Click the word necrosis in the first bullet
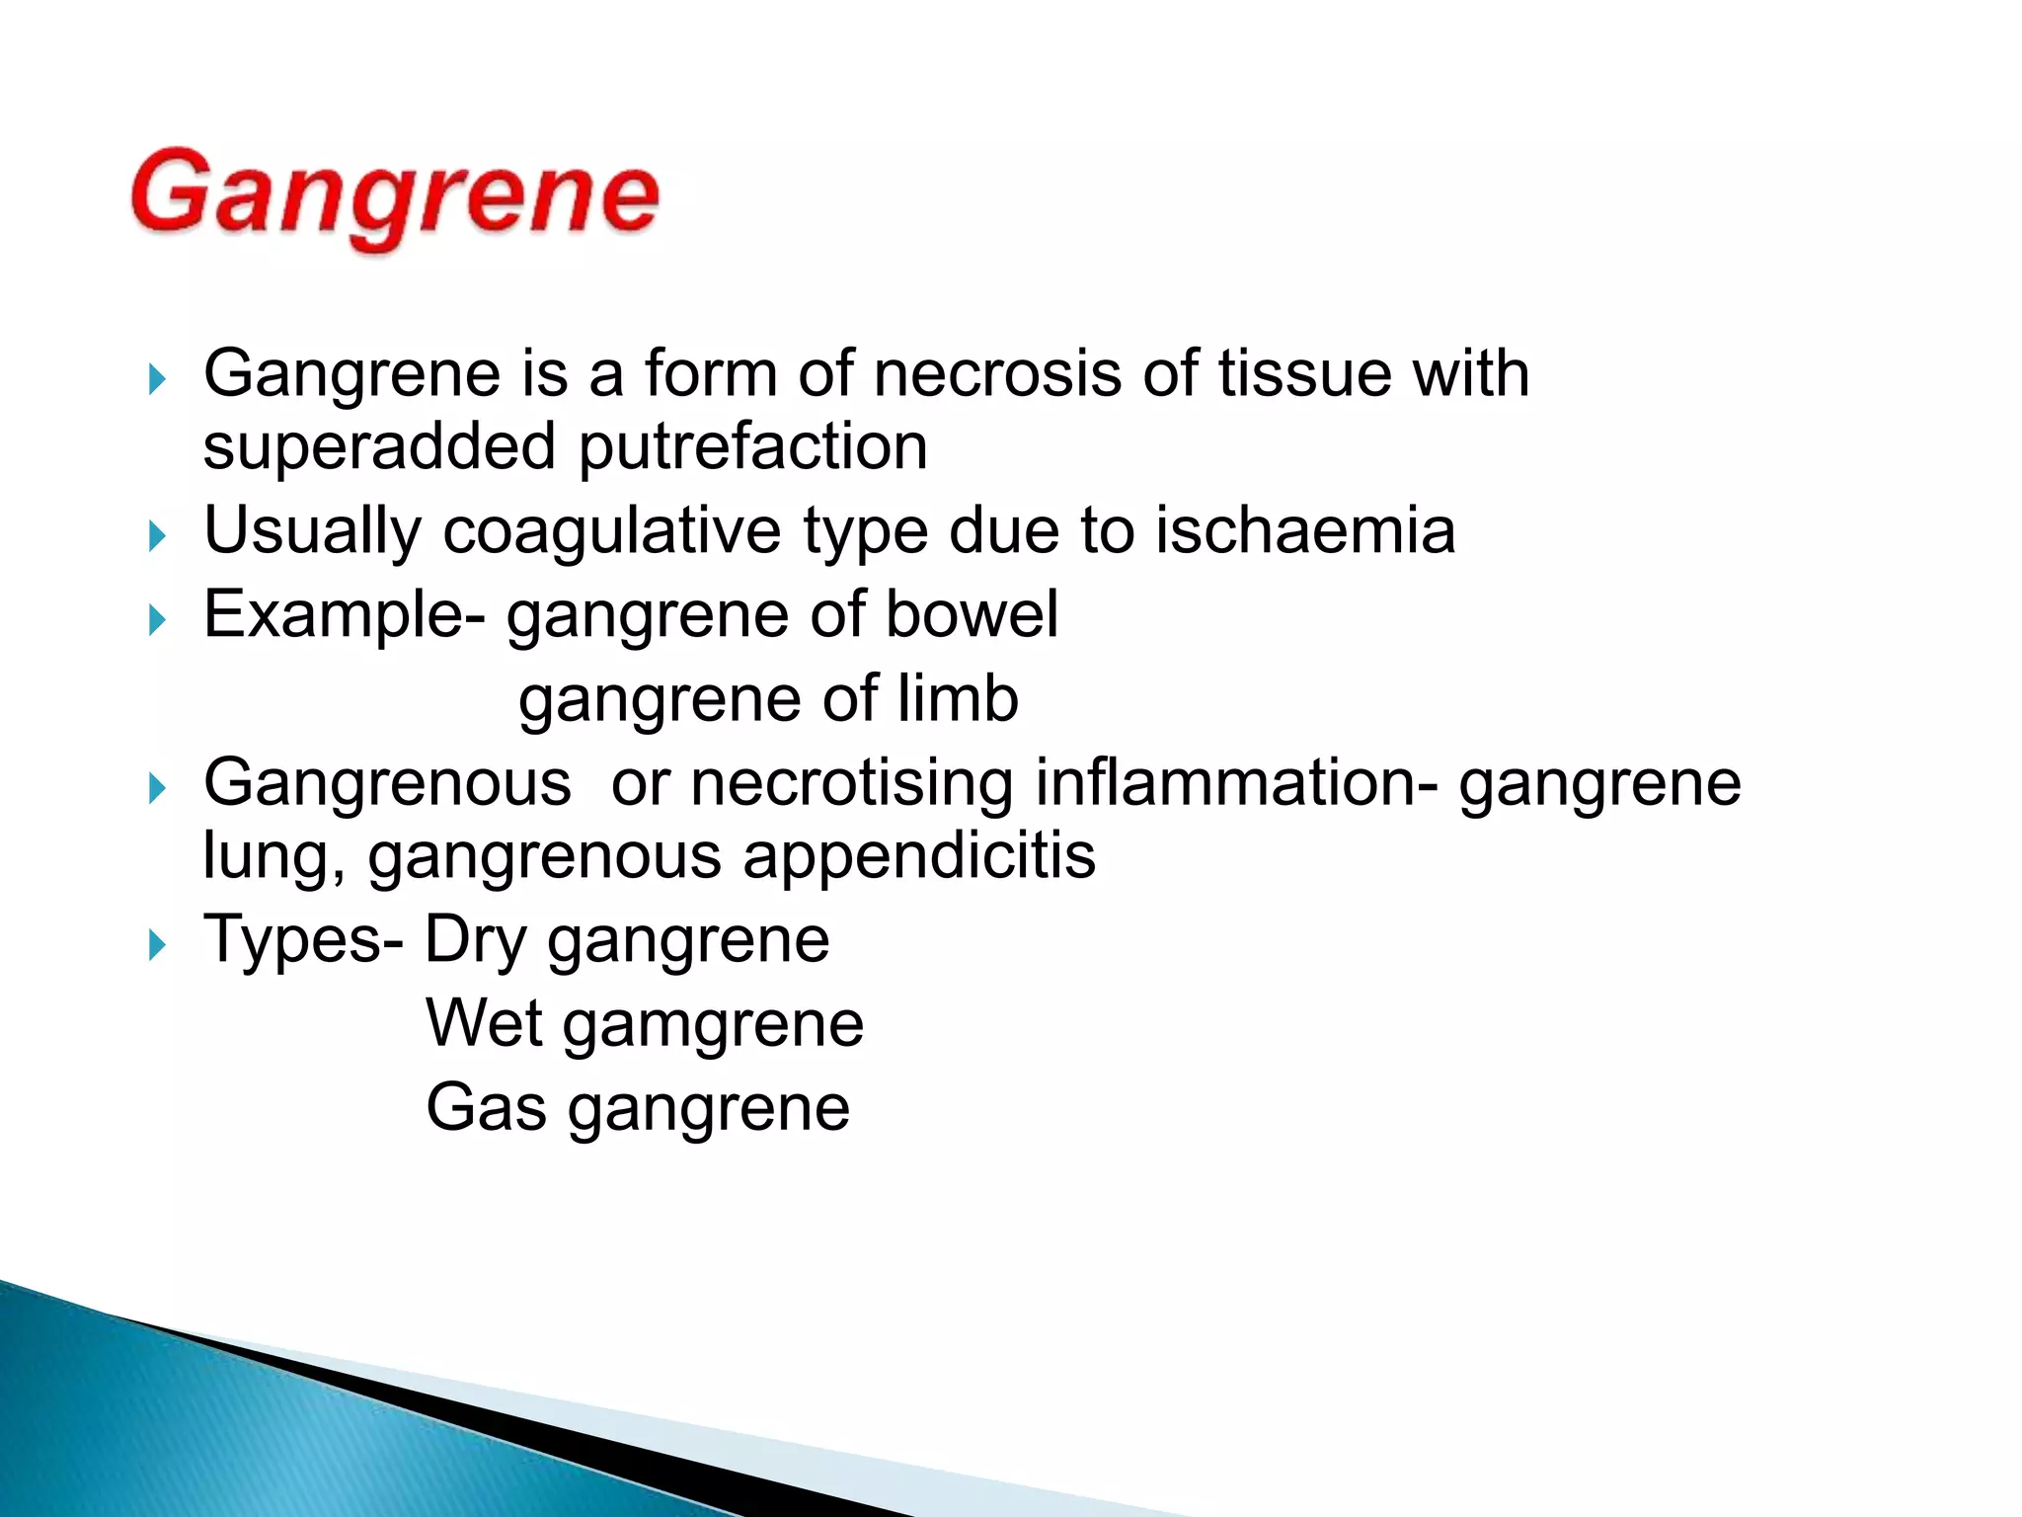997,374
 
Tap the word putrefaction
752,447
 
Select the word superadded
380,447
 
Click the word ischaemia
1305,530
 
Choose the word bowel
972,614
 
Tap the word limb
958,698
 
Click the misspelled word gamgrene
714,1025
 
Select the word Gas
486,1108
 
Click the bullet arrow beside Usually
156,536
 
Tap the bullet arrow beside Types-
156,945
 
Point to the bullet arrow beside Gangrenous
156,788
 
